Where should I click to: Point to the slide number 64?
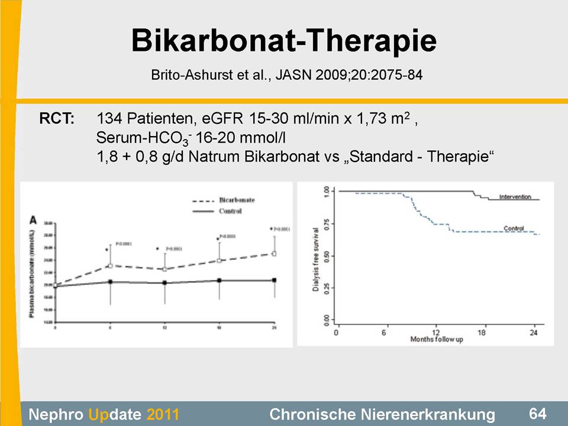pos(538,412)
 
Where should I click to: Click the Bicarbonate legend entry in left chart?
pos(237,200)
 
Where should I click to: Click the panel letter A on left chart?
pos(34,220)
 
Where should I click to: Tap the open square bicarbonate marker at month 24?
pos(274,253)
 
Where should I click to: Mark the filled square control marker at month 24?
pos(274,280)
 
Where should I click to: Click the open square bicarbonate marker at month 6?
pos(110,266)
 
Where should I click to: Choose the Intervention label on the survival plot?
pos(515,196)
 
